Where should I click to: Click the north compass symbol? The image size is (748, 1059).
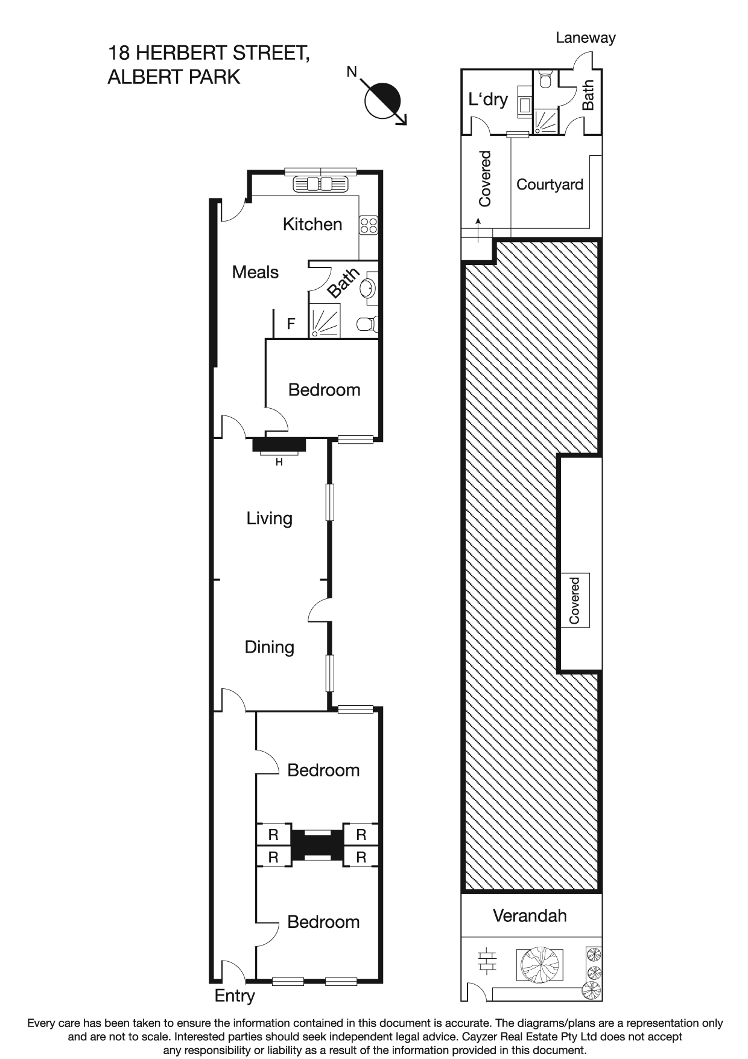[x=384, y=100]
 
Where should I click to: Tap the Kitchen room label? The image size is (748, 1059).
[x=312, y=225]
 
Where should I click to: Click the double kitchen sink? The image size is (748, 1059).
[x=320, y=184]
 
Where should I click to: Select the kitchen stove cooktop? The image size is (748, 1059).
[x=369, y=225]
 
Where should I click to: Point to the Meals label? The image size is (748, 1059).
[x=255, y=272]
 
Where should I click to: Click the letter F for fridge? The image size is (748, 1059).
[x=291, y=324]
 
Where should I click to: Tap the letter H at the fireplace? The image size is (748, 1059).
[x=279, y=462]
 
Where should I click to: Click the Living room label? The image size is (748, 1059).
[x=269, y=519]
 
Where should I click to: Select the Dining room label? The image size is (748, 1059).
[x=269, y=647]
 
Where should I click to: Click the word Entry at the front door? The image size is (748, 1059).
[x=235, y=996]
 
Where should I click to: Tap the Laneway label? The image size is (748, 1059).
[x=585, y=38]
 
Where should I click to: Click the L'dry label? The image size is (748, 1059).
[x=488, y=99]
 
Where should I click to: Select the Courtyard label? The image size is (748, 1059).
[x=550, y=185]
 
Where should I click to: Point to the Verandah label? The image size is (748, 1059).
[x=530, y=916]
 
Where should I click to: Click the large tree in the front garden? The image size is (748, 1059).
[x=540, y=964]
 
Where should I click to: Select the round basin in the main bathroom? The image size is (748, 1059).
[x=367, y=288]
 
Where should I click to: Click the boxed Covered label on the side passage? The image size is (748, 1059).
[x=575, y=600]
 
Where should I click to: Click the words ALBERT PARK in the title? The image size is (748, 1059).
[x=174, y=77]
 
